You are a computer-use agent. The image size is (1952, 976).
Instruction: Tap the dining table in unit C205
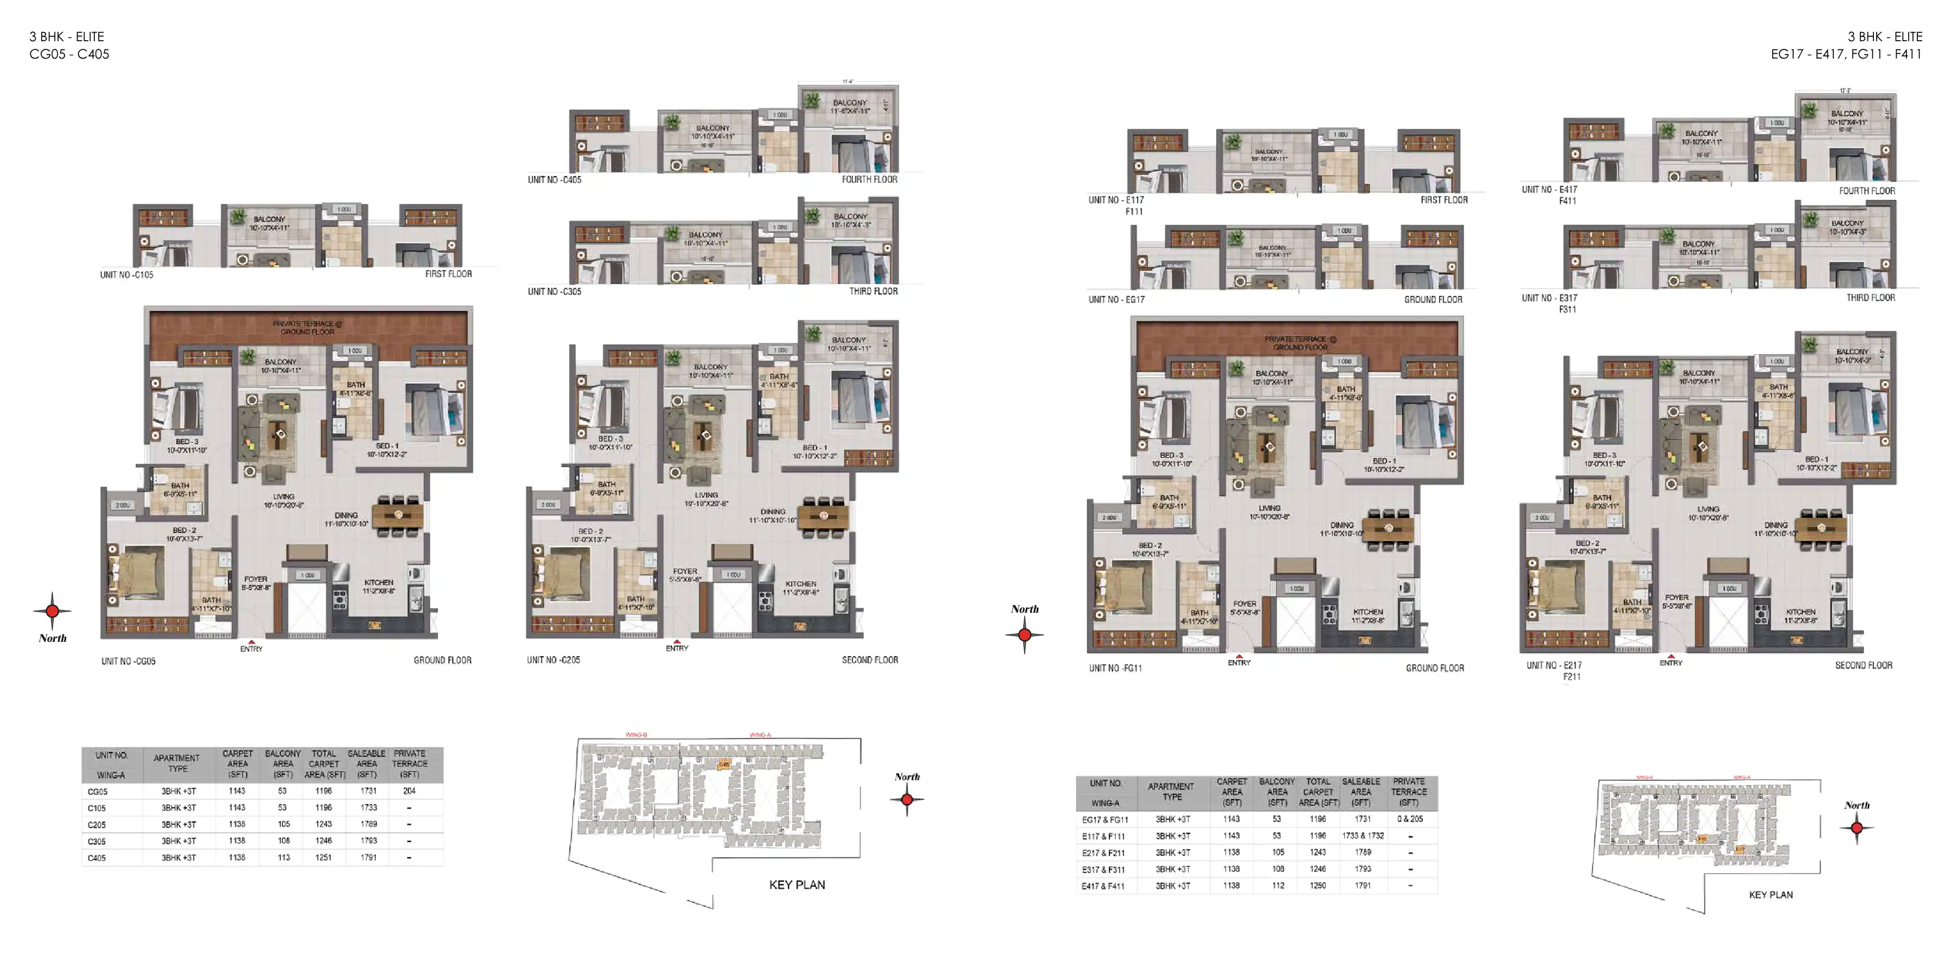pyautogui.click(x=824, y=518)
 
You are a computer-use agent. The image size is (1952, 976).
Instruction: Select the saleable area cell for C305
pyautogui.click(x=368, y=840)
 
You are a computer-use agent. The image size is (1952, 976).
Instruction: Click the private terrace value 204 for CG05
pyautogui.click(x=409, y=791)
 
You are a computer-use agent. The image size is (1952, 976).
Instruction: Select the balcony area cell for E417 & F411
pyautogui.click(x=1277, y=885)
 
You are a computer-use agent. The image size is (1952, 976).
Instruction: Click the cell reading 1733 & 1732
pyautogui.click(x=1363, y=836)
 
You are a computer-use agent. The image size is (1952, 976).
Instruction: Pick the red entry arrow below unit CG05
pyautogui.click(x=252, y=640)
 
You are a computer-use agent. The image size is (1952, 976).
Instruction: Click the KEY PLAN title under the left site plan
pyautogui.click(x=797, y=884)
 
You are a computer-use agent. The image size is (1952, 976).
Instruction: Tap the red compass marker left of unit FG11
pyautogui.click(x=1024, y=635)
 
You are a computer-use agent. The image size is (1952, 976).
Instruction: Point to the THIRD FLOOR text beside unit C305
pyautogui.click(x=873, y=291)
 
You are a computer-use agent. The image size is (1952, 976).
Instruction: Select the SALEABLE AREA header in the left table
pyautogui.click(x=367, y=763)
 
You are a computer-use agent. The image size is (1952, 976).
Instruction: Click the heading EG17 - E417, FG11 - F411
pyautogui.click(x=1846, y=54)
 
